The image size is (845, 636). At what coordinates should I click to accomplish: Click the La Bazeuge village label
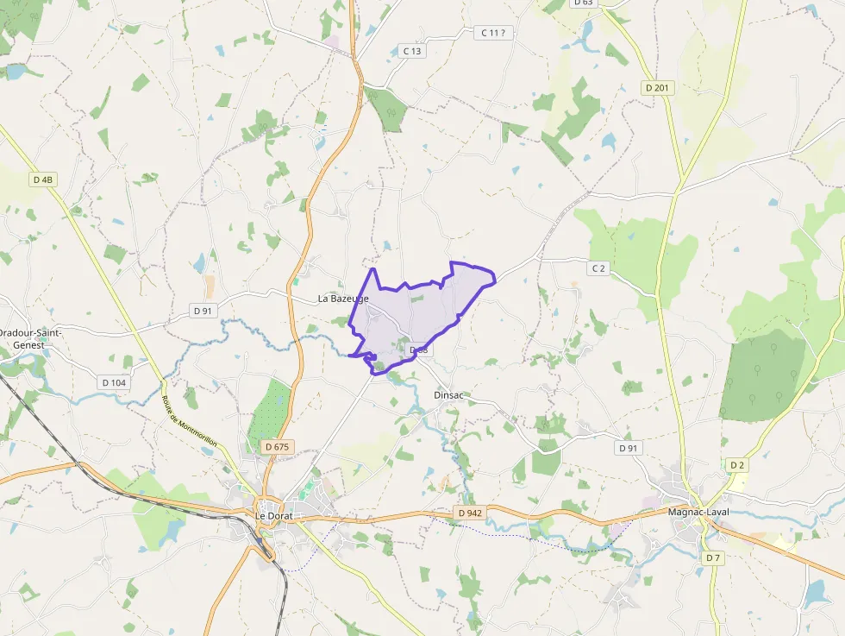pyautogui.click(x=343, y=299)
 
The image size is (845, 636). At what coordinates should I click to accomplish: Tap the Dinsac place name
pyautogui.click(x=448, y=394)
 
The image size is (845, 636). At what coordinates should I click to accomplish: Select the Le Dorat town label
pyautogui.click(x=273, y=516)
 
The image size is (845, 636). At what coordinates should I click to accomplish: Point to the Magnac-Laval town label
pyautogui.click(x=699, y=512)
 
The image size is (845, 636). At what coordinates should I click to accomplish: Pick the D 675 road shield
pyautogui.click(x=278, y=447)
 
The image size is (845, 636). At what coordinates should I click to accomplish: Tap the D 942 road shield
pyautogui.click(x=471, y=513)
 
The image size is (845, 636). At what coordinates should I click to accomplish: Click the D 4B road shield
pyautogui.click(x=42, y=179)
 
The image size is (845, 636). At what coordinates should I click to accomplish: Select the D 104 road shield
pyautogui.click(x=114, y=382)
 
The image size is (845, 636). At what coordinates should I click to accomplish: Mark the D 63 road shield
pyautogui.click(x=583, y=3)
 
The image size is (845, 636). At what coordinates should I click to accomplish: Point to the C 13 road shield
pyautogui.click(x=413, y=52)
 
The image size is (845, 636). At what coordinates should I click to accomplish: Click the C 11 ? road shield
pyautogui.click(x=494, y=33)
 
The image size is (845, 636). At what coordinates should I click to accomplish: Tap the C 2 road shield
pyautogui.click(x=598, y=268)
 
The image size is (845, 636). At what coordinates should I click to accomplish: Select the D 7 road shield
pyautogui.click(x=712, y=558)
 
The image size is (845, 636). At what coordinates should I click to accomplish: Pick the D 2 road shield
pyautogui.click(x=735, y=465)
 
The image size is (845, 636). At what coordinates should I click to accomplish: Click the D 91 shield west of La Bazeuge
pyautogui.click(x=203, y=311)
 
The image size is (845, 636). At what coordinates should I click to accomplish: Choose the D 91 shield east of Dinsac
pyautogui.click(x=629, y=449)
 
